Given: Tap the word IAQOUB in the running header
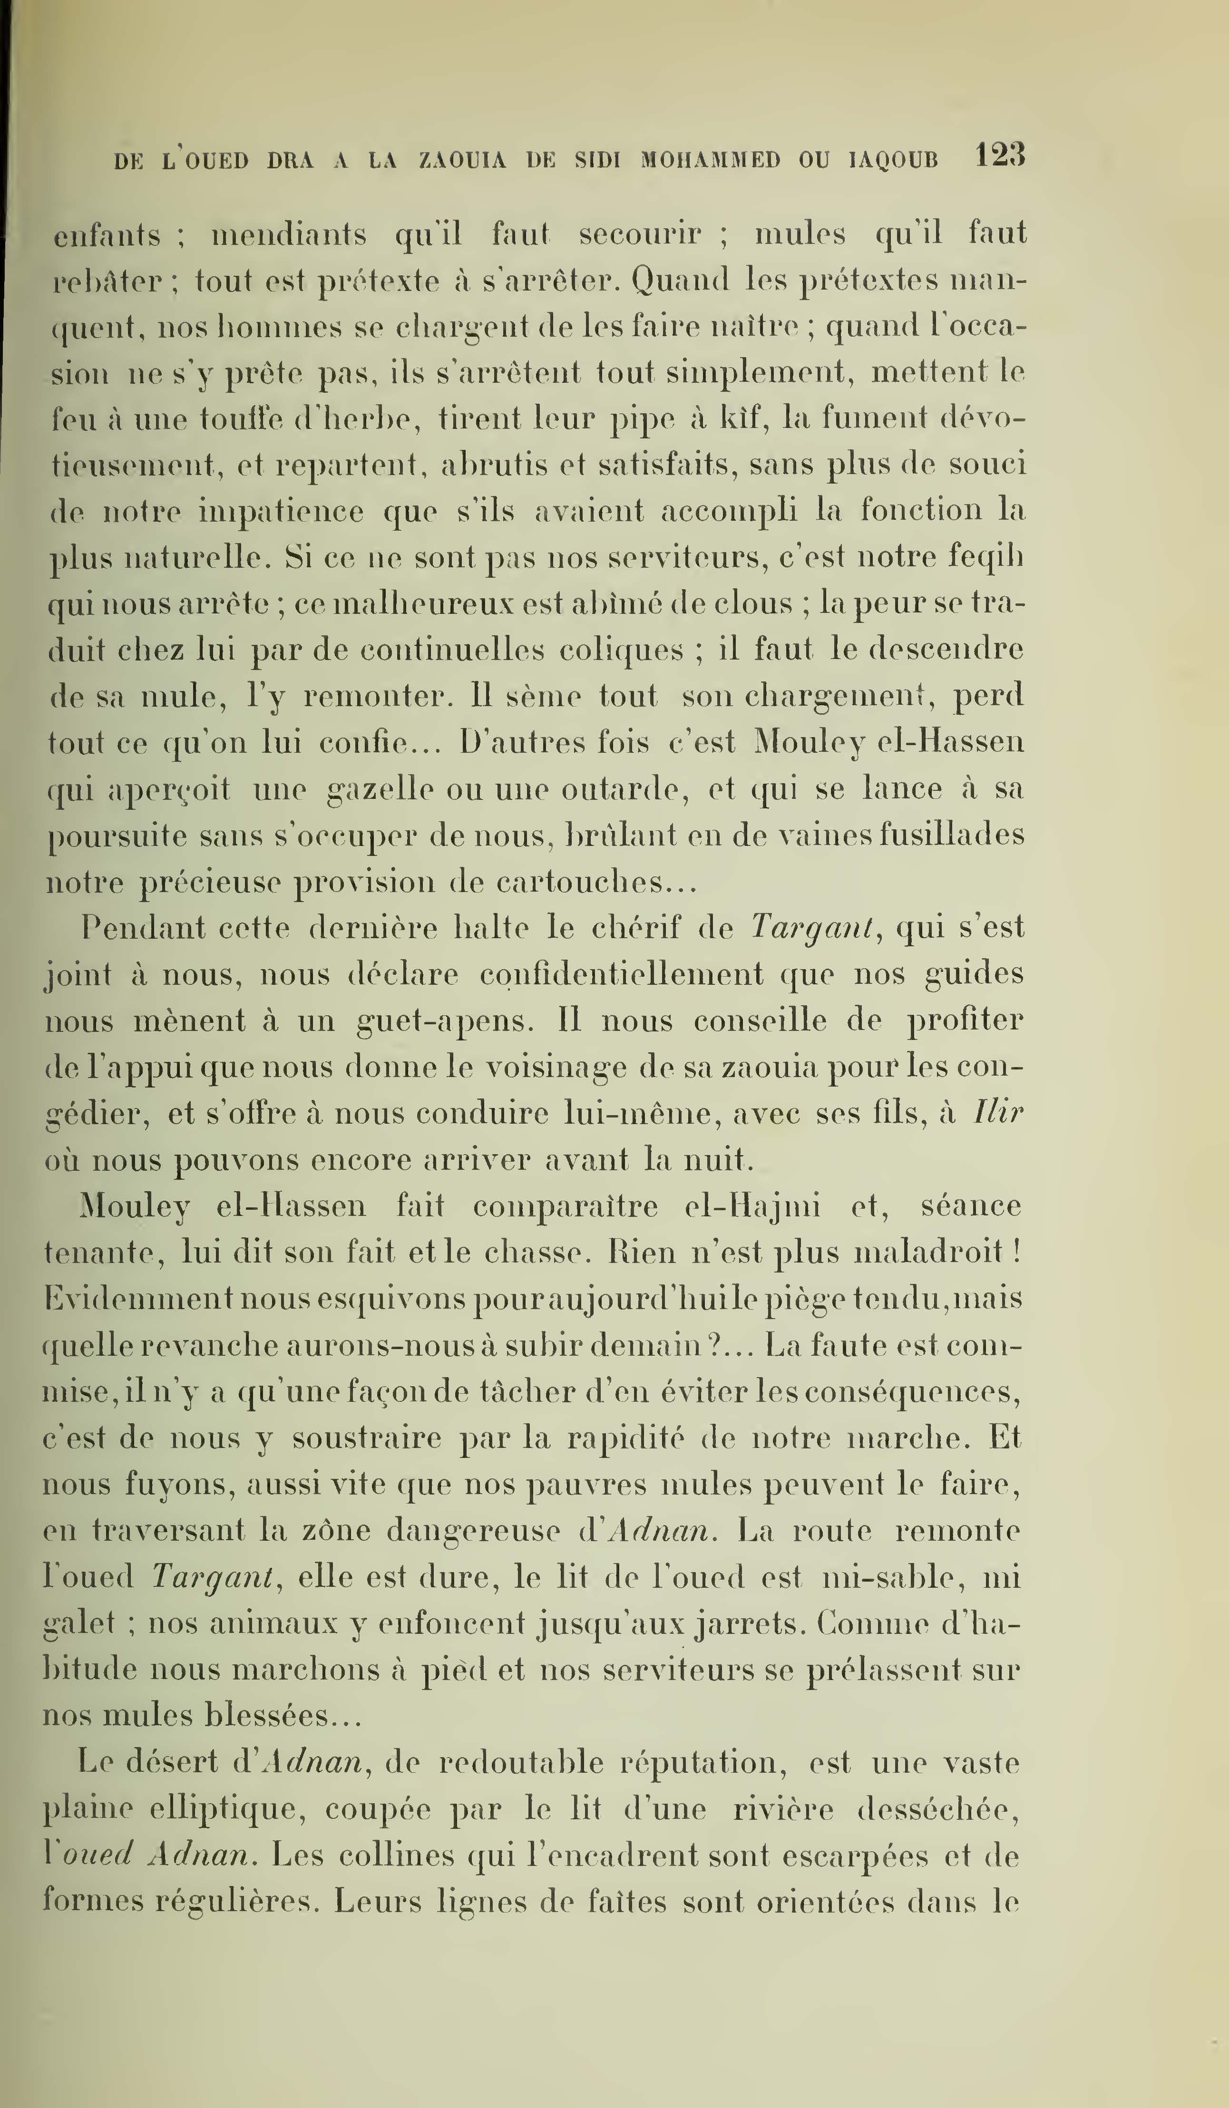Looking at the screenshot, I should tap(894, 160).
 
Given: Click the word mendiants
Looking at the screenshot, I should tap(289, 234).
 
